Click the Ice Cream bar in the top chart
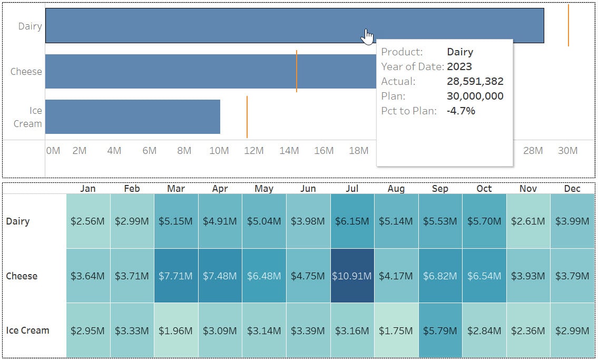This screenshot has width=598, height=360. [132, 116]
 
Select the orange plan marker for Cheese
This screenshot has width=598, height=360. [297, 71]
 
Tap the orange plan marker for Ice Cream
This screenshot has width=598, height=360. [247, 116]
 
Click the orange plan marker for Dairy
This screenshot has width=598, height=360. [568, 25]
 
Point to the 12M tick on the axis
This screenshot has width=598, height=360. [254, 151]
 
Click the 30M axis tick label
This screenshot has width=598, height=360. [567, 151]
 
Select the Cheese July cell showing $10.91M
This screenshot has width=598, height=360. [352, 276]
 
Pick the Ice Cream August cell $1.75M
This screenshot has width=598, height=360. [396, 331]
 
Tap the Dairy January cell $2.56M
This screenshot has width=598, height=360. [88, 221]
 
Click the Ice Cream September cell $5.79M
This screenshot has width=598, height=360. [440, 331]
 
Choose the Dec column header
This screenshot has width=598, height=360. [572, 189]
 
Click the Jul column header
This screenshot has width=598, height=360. [352, 189]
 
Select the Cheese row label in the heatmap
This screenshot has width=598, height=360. [22, 276]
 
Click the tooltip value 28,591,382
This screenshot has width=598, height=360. [475, 82]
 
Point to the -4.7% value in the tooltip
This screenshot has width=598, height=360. [461, 111]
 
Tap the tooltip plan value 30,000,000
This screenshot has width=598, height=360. [475, 96]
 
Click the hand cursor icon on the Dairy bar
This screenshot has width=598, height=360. [367, 37]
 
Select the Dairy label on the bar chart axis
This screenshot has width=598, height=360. [30, 26]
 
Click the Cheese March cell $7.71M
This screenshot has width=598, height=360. [176, 276]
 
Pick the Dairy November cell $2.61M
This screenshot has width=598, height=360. [528, 221]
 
